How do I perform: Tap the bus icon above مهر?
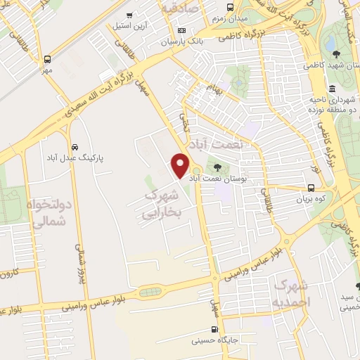click(47, 60)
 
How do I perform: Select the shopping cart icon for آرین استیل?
click(129, 15)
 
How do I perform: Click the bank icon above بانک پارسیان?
click(182, 31)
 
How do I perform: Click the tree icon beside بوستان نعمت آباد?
click(217, 167)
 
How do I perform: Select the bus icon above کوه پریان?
click(312, 187)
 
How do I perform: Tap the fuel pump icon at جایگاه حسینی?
click(215, 328)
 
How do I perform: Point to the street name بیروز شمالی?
click(79, 260)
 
